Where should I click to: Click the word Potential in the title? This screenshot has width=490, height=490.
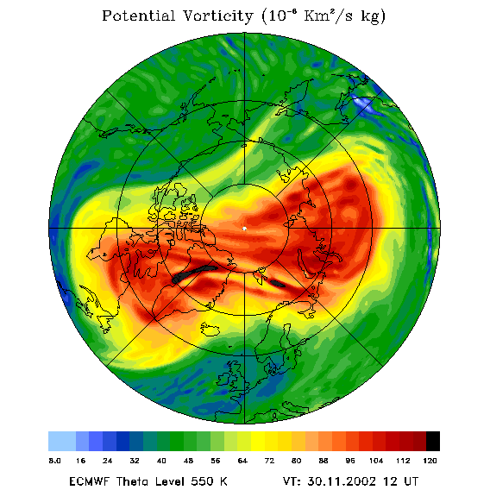click(x=139, y=16)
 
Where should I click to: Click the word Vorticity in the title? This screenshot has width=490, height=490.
click(x=217, y=16)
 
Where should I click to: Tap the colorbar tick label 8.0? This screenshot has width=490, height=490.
click(x=54, y=461)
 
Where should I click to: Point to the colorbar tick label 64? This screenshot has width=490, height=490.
click(x=242, y=461)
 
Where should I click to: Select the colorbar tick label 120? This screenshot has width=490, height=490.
click(x=430, y=461)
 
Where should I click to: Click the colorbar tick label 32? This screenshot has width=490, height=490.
click(x=135, y=461)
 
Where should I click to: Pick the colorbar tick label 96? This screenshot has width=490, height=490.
click(x=350, y=461)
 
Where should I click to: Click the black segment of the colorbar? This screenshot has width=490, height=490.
click(x=433, y=441)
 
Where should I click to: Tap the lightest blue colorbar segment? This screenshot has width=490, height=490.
click(x=62, y=441)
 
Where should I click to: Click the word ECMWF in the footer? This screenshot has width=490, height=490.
click(x=90, y=481)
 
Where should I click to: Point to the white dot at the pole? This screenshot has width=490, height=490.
click(x=244, y=229)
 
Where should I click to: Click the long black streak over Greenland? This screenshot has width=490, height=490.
click(x=194, y=273)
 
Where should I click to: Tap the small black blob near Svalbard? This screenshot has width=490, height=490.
click(x=278, y=284)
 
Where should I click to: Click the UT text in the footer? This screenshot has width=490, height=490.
click(x=410, y=481)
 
